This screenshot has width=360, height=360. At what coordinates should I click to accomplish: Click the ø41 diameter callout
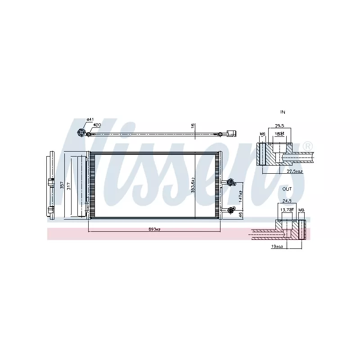coord(90,120)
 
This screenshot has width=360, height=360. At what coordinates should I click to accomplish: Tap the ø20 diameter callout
coord(97,126)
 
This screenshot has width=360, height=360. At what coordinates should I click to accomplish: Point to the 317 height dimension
coord(68,186)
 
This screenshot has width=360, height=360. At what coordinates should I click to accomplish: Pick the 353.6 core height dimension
coord(193,185)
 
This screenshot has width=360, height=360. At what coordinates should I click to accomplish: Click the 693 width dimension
coord(154,229)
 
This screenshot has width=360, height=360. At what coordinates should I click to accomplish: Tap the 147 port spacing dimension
coord(241,195)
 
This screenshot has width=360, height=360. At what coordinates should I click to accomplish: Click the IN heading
coord(283,112)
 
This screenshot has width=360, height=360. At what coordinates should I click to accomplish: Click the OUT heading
coord(287,189)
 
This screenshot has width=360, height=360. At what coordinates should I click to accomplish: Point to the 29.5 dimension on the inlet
coord(279,126)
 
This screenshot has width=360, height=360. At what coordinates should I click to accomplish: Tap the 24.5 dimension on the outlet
coord(286,202)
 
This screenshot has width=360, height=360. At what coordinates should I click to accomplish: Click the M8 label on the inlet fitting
coord(262,134)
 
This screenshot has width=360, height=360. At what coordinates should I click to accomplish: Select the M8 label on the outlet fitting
coord(301,210)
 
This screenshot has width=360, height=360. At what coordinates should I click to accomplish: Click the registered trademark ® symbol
coord(307,146)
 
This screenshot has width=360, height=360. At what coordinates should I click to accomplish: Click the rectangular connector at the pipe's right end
coord(231,133)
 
